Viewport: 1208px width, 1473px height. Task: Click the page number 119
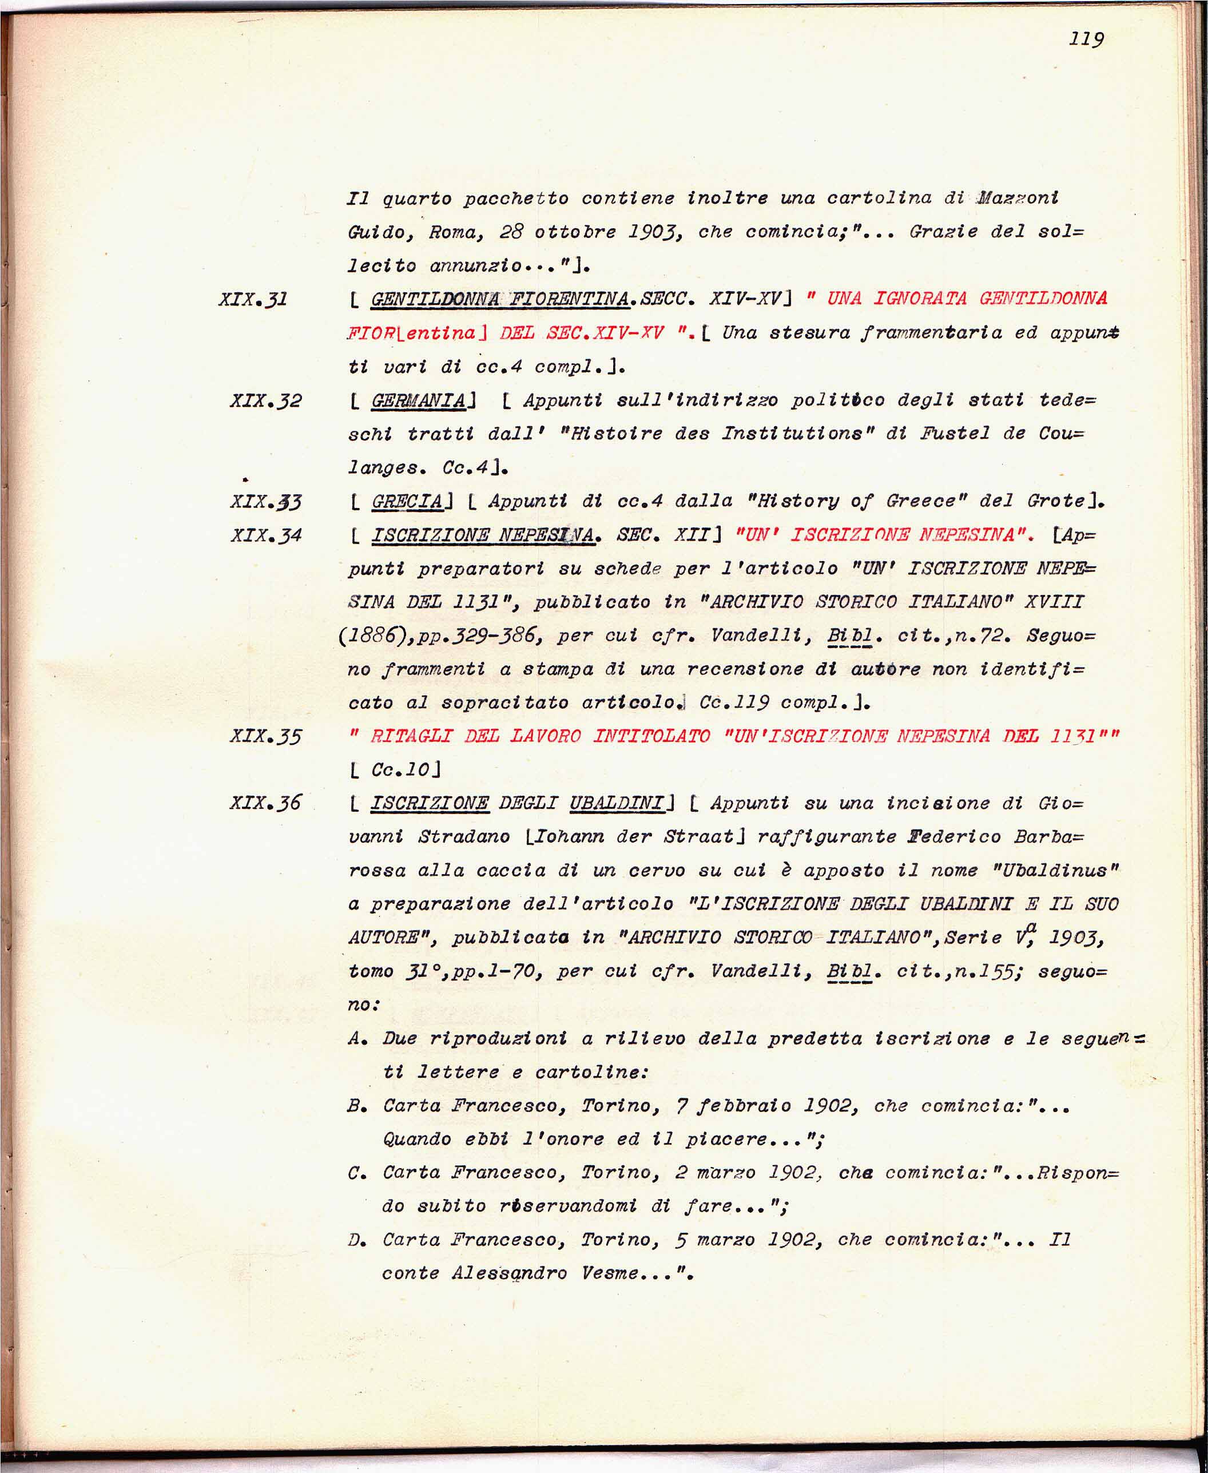coord(1086,38)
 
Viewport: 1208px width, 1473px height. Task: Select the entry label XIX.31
coord(253,300)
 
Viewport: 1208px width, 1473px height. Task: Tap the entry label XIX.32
coord(266,401)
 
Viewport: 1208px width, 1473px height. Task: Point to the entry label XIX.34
coord(266,535)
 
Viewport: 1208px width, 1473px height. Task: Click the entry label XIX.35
coord(266,736)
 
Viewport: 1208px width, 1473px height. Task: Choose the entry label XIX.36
coord(266,803)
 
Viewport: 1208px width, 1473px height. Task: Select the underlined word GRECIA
coord(408,502)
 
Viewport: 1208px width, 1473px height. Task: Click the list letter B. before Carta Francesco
coord(357,1106)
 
